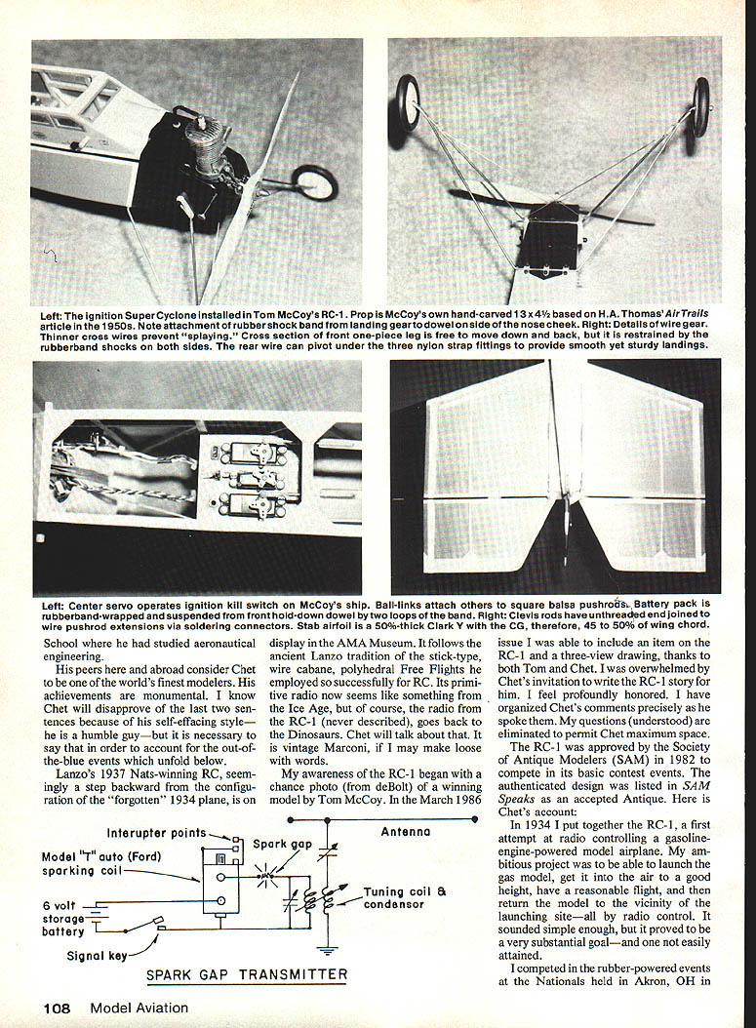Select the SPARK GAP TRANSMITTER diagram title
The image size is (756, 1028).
click(246, 973)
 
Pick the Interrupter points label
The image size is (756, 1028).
click(156, 833)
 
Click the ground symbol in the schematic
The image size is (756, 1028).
click(327, 950)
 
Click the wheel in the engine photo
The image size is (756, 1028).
click(314, 182)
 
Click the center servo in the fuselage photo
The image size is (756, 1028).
click(253, 478)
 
